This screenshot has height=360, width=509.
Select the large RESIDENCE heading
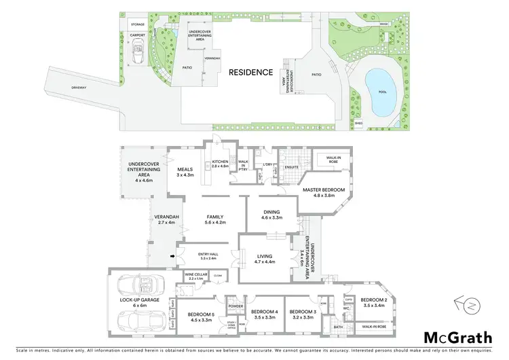coord(250,72)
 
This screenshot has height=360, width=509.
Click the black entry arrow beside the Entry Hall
coord(172,256)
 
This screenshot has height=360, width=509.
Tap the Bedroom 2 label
coord(373,300)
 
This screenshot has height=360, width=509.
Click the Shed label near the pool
coord(358,123)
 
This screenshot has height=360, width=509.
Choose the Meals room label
coord(185,170)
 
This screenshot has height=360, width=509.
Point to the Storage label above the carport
coord(138,24)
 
